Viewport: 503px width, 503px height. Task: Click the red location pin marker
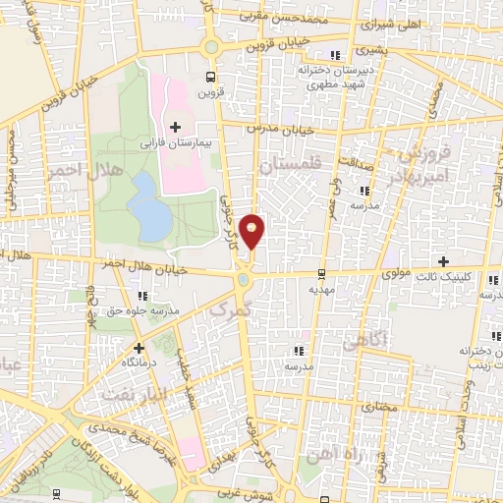pyautogui.click(x=252, y=231)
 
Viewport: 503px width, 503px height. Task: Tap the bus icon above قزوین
pyautogui.click(x=210, y=76)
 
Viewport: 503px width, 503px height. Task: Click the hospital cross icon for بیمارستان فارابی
pyautogui.click(x=175, y=127)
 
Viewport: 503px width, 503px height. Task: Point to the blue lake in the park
pyautogui.click(x=149, y=206)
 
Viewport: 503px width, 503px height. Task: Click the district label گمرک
pyautogui.click(x=232, y=307)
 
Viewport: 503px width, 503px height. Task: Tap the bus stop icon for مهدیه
pyautogui.click(x=322, y=273)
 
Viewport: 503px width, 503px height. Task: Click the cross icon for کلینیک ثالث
pyautogui.click(x=444, y=261)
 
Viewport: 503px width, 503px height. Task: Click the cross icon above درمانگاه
pyautogui.click(x=139, y=347)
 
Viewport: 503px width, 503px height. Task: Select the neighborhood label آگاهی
pyautogui.click(x=366, y=342)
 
